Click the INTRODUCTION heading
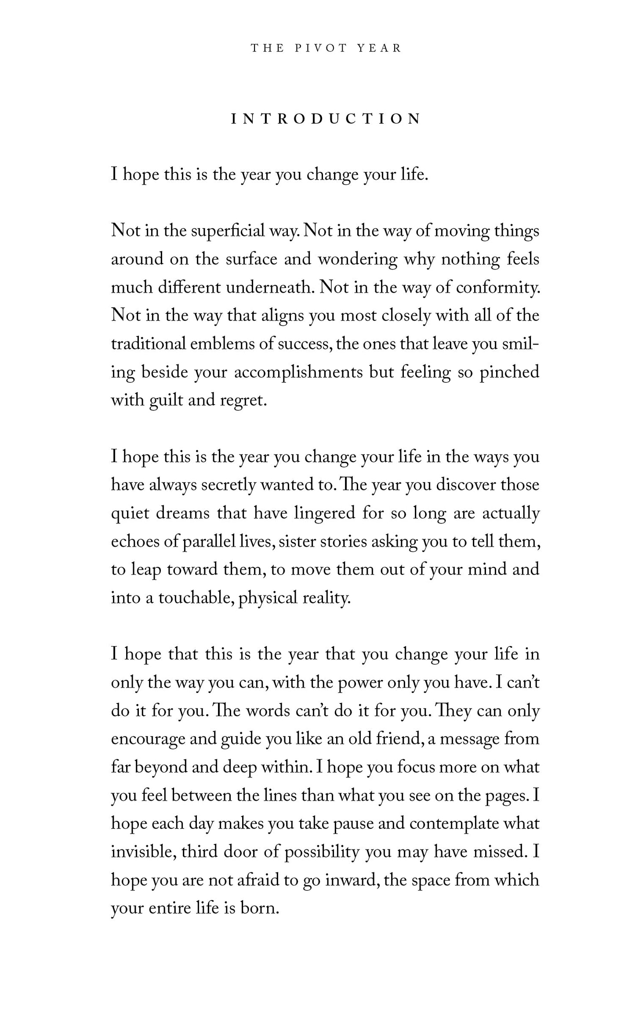[x=326, y=119]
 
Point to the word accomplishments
[x=298, y=372]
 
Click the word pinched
[x=509, y=372]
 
